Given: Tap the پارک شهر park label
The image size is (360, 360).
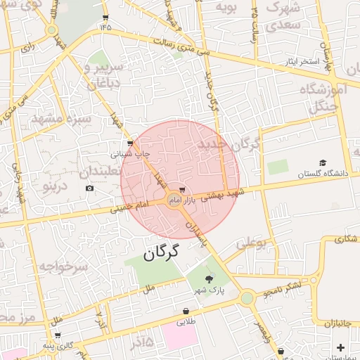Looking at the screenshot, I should click(209, 290).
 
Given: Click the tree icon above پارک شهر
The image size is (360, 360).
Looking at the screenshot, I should click(209, 280).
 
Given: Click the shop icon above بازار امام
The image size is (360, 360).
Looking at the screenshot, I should click(183, 190).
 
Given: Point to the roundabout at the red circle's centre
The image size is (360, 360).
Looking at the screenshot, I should click(174, 201).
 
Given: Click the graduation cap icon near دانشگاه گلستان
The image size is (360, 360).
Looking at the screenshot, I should click(323, 162).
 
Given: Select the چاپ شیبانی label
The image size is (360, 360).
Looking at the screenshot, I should click(131, 152).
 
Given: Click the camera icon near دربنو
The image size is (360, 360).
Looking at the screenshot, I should click(89, 188).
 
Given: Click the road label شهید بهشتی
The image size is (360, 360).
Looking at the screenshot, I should click(223, 195).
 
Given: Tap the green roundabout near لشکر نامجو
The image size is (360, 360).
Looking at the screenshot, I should click(247, 298).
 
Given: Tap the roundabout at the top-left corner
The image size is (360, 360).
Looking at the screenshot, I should click(51, 30).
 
